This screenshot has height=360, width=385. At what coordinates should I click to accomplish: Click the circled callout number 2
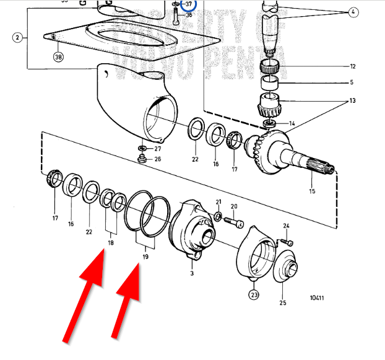coord(17,38)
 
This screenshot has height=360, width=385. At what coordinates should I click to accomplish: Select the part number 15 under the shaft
coord(312,191)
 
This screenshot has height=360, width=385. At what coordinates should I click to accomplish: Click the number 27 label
coord(157,149)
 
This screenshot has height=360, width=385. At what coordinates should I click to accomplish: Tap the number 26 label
coord(157,159)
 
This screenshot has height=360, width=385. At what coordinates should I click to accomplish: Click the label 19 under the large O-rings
coord(145,256)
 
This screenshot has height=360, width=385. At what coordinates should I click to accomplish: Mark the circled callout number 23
coord(254,296)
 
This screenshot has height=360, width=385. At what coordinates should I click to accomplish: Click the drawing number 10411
coord(317,298)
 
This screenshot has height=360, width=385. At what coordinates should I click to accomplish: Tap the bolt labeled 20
coord(237,220)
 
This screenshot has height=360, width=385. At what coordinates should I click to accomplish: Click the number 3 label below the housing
coord(192,273)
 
